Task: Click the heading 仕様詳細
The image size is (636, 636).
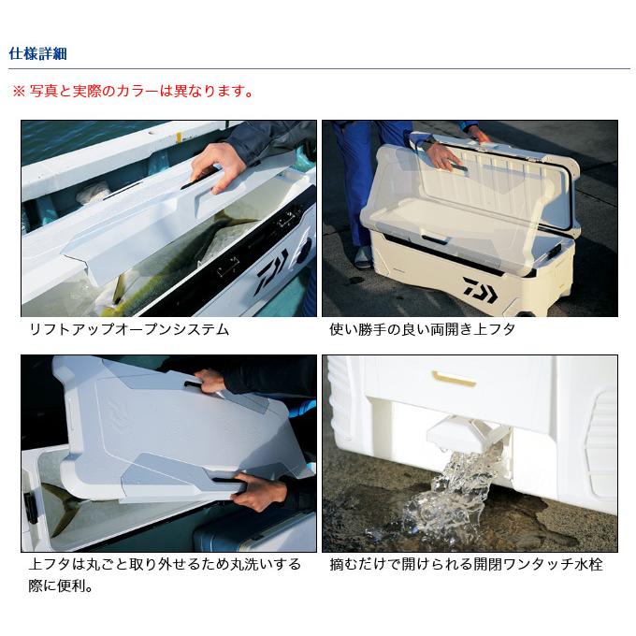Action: (x=37, y=53)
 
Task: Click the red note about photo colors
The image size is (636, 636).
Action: (x=133, y=91)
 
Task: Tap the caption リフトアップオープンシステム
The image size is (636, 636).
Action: (x=129, y=329)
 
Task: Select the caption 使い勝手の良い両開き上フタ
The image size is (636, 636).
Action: (x=422, y=329)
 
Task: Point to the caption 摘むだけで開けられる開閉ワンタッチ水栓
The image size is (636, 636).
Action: (x=466, y=564)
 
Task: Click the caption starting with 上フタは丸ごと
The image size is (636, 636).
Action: (x=165, y=575)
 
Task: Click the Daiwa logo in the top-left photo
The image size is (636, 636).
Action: (x=273, y=270)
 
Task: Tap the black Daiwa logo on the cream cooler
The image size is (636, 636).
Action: (x=480, y=290)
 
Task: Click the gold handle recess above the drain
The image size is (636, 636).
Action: (x=454, y=378)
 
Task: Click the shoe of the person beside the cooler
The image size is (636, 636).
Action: (x=362, y=258)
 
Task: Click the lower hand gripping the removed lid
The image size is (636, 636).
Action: (x=260, y=492)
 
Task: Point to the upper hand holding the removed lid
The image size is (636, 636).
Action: (x=211, y=382)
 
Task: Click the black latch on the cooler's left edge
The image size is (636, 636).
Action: (x=31, y=509)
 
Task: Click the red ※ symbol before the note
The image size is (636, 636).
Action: (x=19, y=92)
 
